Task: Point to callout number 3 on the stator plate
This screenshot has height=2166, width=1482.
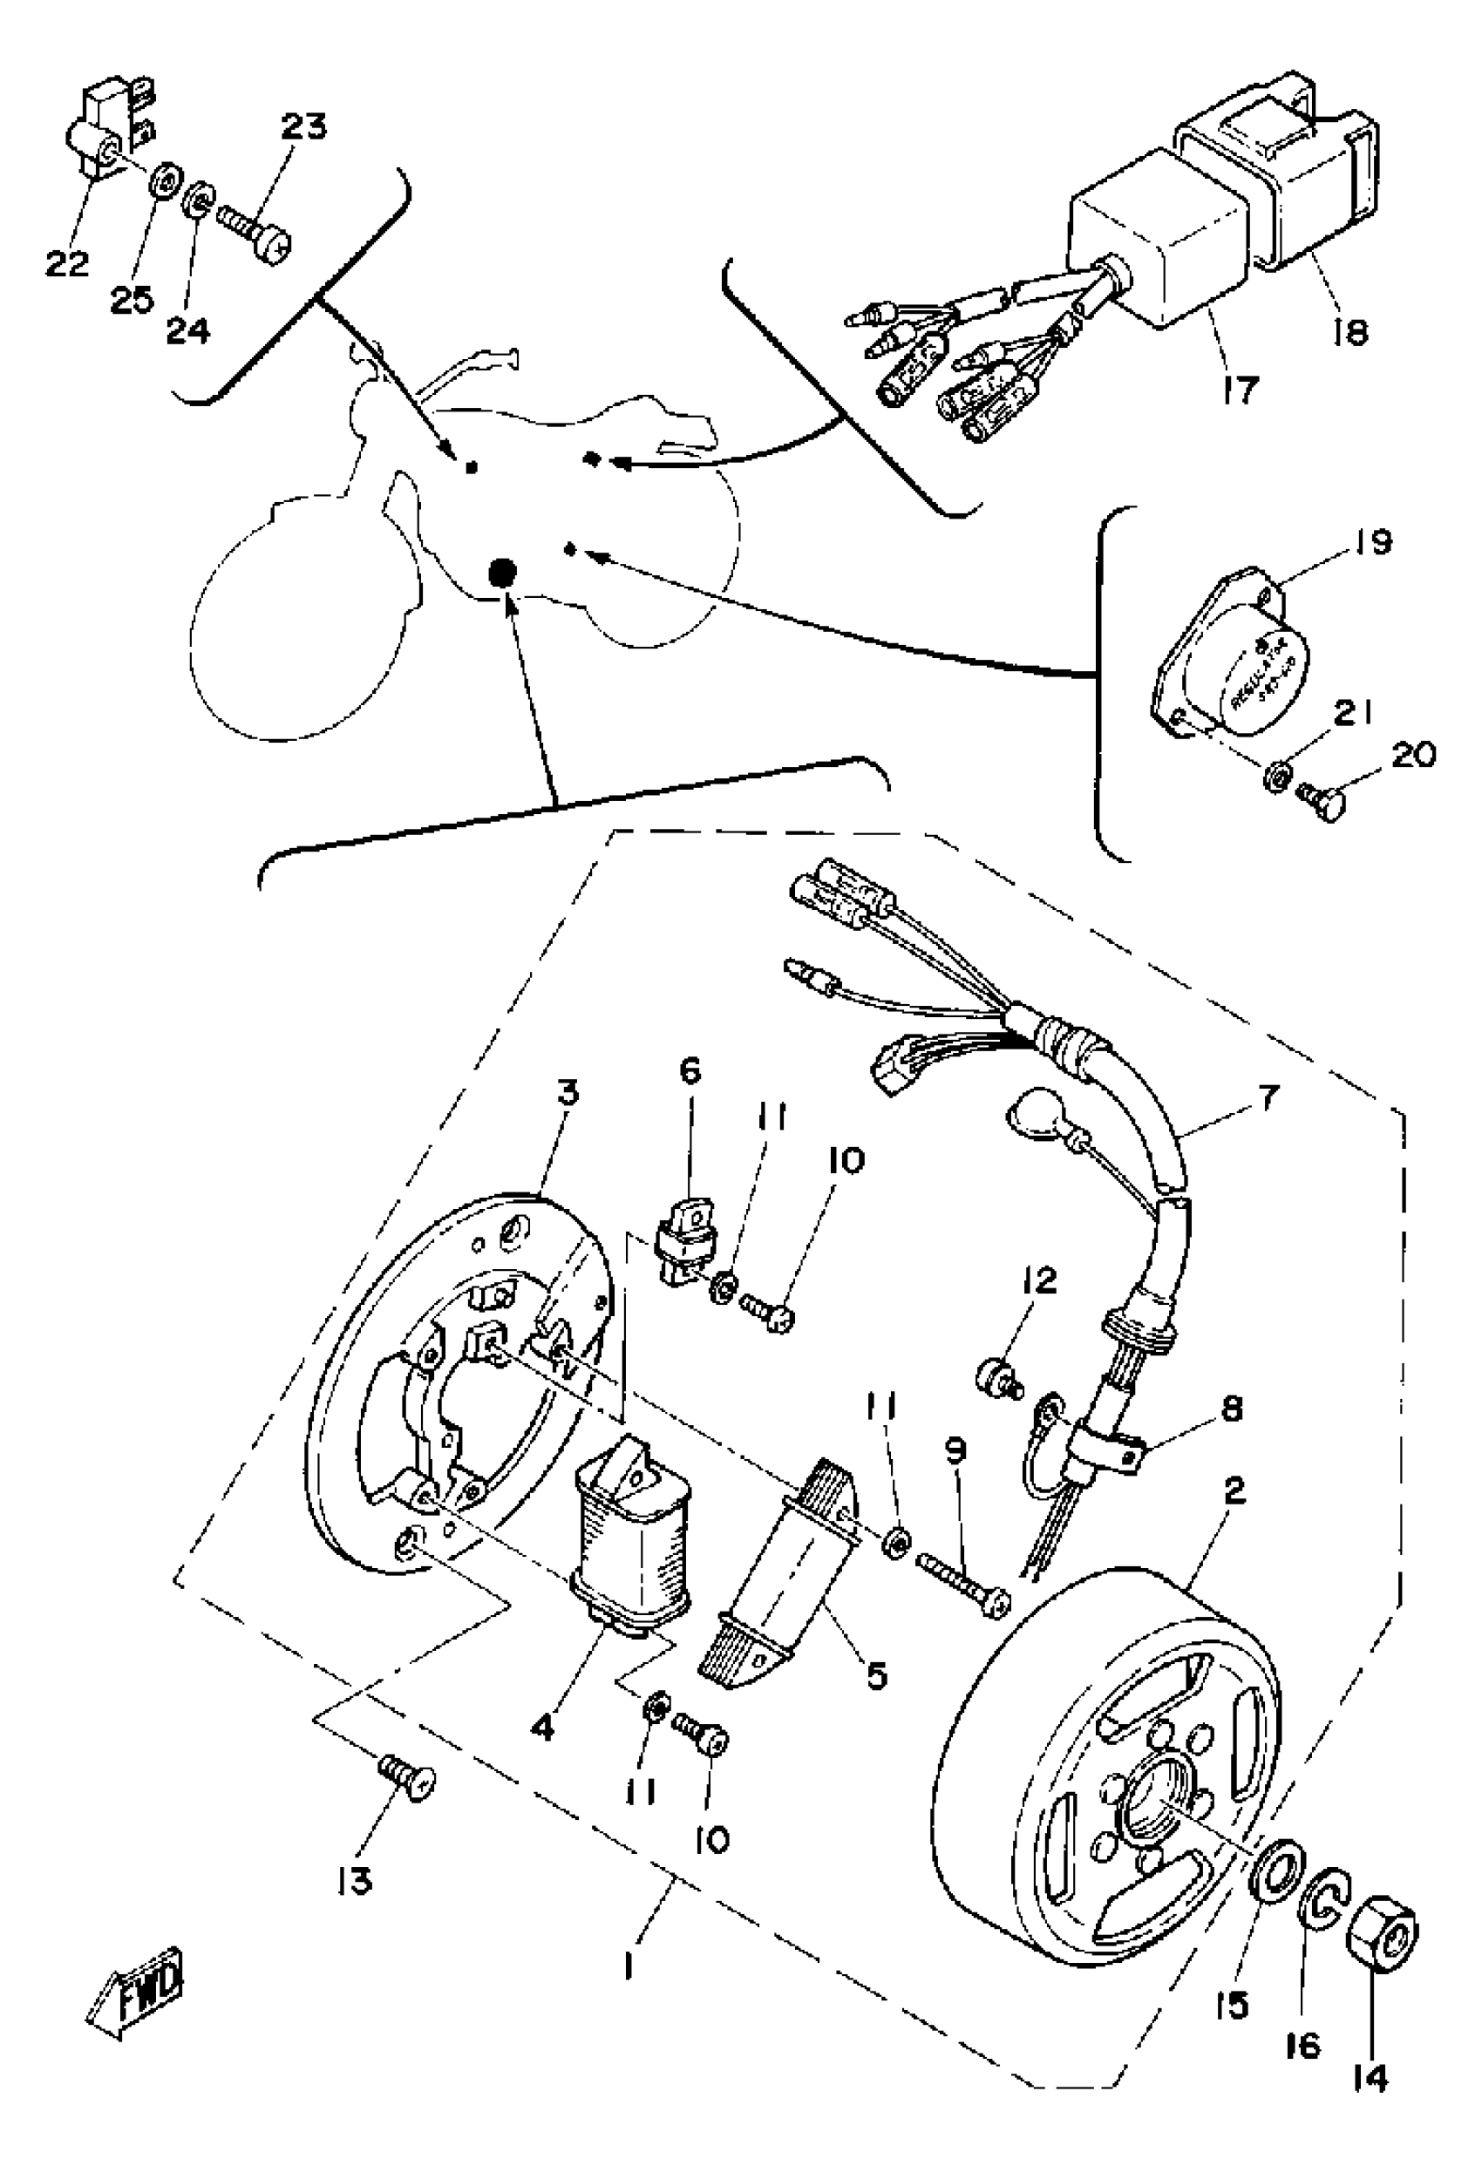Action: [568, 1092]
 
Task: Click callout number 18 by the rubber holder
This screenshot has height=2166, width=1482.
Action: [1349, 331]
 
